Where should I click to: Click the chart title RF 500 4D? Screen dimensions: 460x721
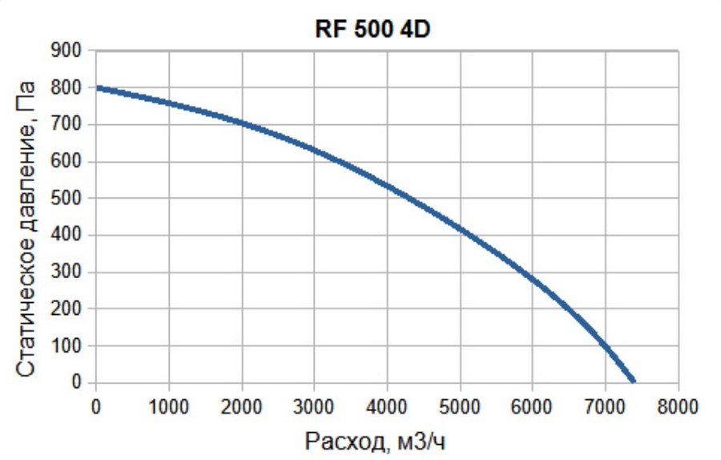[x=374, y=30]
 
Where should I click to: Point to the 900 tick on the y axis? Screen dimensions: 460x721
[x=72, y=51]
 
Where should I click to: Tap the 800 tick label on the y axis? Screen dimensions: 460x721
[x=72, y=88]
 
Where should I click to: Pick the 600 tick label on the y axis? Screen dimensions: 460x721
[x=72, y=162]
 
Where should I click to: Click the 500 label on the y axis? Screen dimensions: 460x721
[x=72, y=199]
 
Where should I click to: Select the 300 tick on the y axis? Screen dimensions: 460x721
[x=72, y=272]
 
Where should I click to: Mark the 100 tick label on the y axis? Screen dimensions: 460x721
[x=72, y=346]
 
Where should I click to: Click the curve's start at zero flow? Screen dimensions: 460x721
[x=96, y=87]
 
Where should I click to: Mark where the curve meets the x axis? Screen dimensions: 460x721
[x=634, y=381]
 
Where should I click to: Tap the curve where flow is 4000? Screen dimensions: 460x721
[x=388, y=187]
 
